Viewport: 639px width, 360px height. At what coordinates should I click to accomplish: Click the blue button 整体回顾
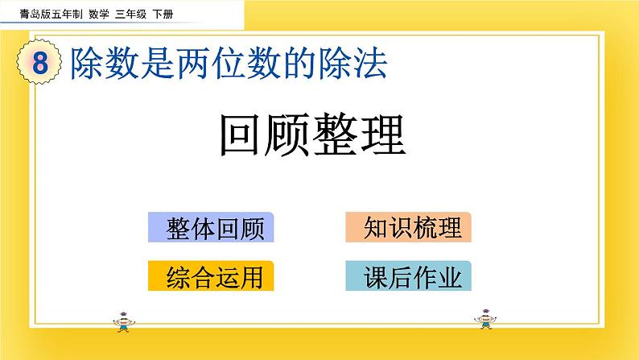tap(212, 229)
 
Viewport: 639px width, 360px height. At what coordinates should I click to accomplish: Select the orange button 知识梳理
tap(408, 228)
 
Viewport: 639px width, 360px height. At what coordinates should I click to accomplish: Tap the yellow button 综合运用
tap(212, 277)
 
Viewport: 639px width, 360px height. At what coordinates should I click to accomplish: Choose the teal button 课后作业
tap(408, 277)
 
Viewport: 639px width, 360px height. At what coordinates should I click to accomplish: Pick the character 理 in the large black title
tap(382, 135)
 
